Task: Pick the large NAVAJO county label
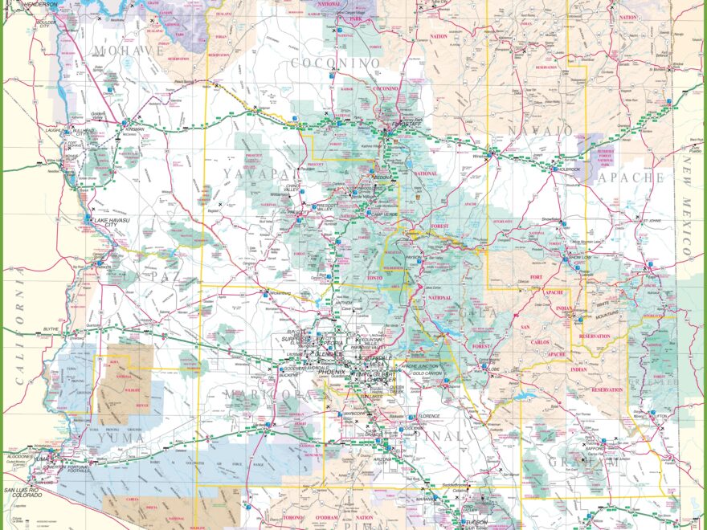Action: (540, 130)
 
